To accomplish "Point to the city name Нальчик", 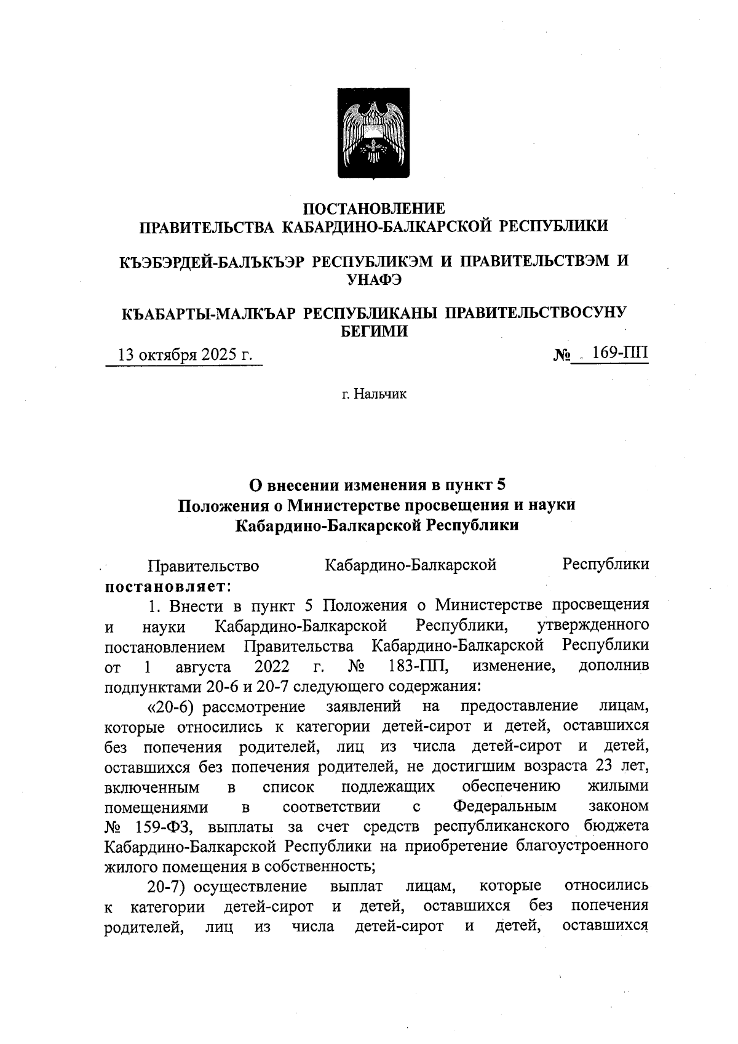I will pos(375,394).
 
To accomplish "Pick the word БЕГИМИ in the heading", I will pos(375,332).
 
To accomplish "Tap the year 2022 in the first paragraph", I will pos(272,666).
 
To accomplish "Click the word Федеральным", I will pos(505,806).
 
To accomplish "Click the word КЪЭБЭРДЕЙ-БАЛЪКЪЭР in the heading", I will pos(212,261).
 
